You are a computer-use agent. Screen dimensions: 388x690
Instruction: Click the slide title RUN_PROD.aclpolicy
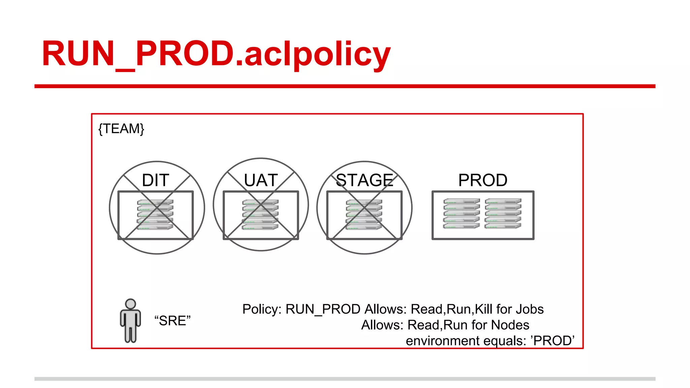pos(216,54)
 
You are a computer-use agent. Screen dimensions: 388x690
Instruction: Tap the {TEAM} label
pos(121,129)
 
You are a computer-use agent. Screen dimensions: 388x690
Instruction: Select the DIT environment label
pos(155,180)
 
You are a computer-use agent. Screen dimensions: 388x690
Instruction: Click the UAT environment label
pos(261,180)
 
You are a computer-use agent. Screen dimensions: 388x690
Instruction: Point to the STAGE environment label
pos(365,180)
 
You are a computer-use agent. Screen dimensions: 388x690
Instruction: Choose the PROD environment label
pos(482,180)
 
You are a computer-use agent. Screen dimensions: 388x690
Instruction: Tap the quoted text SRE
pos(172,321)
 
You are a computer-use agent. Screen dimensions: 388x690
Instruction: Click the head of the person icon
pos(130,304)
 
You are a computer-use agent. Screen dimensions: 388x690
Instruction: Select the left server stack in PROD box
pos(461,214)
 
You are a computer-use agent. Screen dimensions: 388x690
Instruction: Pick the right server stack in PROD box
pos(503,214)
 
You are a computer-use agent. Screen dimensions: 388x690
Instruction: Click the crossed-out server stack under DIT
pos(155,215)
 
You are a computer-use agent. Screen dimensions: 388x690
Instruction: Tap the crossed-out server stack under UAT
pos(260,215)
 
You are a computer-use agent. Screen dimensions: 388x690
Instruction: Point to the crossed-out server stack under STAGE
pos(364,215)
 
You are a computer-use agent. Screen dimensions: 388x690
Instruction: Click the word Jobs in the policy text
pos(530,309)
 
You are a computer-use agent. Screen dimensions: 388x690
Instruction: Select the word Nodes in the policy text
pos(510,325)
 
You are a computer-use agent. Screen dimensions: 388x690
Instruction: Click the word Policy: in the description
pos(262,309)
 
